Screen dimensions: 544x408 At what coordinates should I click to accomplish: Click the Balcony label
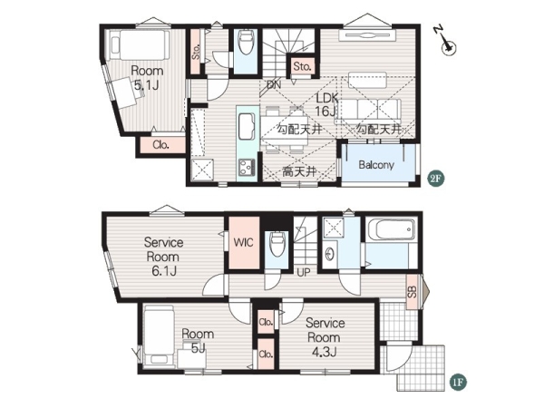(376, 165)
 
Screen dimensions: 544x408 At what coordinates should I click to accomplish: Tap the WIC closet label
(243, 242)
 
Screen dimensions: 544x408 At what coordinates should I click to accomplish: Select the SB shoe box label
(412, 292)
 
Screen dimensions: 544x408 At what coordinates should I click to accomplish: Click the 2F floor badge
(436, 179)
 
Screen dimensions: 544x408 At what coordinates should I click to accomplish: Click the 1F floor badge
(458, 382)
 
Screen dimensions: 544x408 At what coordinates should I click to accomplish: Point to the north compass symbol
(446, 42)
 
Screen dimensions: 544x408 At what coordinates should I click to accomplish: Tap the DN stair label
(274, 84)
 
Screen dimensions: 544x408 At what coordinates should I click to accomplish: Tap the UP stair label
(304, 273)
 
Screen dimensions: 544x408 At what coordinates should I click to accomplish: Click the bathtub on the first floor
(391, 229)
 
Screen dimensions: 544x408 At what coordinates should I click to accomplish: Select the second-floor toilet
(246, 42)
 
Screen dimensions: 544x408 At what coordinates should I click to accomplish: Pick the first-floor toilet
(277, 244)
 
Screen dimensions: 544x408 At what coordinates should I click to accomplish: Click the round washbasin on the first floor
(330, 254)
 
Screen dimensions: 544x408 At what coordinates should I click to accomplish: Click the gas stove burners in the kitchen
(247, 167)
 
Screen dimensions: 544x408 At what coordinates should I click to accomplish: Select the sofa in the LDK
(368, 112)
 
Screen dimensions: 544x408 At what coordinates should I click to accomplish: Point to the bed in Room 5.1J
(141, 45)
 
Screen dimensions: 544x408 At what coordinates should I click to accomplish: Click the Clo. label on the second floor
(160, 145)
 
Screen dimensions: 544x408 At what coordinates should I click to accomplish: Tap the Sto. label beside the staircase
(302, 66)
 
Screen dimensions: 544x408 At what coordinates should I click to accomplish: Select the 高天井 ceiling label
(299, 171)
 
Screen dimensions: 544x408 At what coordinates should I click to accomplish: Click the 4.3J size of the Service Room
(324, 353)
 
